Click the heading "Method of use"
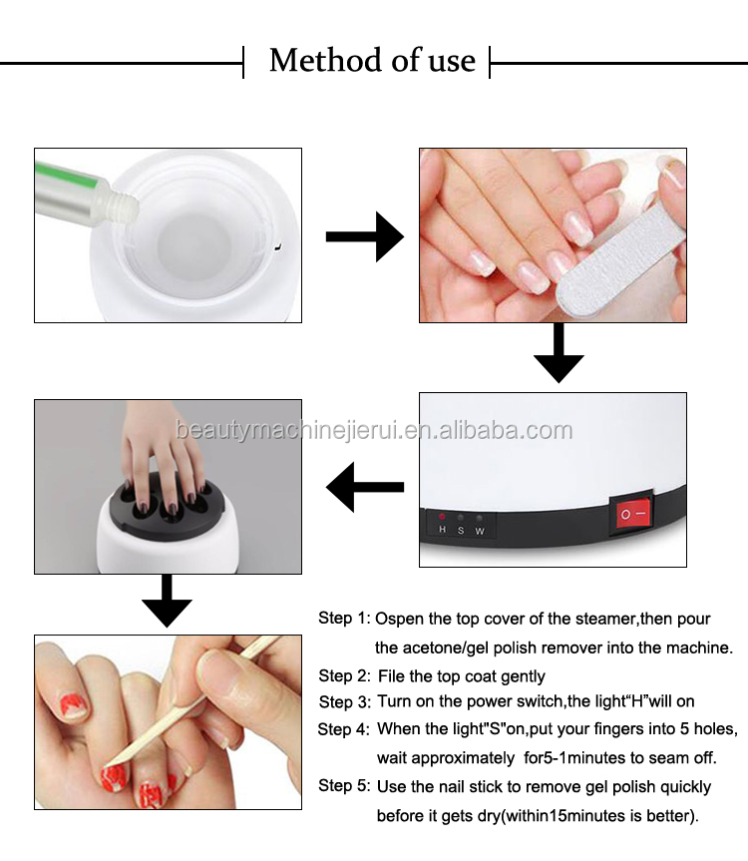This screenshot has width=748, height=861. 371,61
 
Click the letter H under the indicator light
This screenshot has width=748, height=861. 443,530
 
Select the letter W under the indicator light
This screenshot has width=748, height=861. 480,530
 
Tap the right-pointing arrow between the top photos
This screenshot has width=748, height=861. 364,236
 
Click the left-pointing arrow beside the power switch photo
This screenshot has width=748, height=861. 365,488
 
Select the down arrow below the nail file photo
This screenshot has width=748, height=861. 559,354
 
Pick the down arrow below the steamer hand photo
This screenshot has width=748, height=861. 167,603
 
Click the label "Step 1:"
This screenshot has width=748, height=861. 344,619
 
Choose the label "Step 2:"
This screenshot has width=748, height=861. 344,676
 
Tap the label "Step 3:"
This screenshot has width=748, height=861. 344,702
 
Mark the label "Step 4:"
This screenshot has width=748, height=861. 344,729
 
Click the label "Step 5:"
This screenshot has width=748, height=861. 344,786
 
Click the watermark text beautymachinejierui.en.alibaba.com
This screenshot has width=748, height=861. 374,431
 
